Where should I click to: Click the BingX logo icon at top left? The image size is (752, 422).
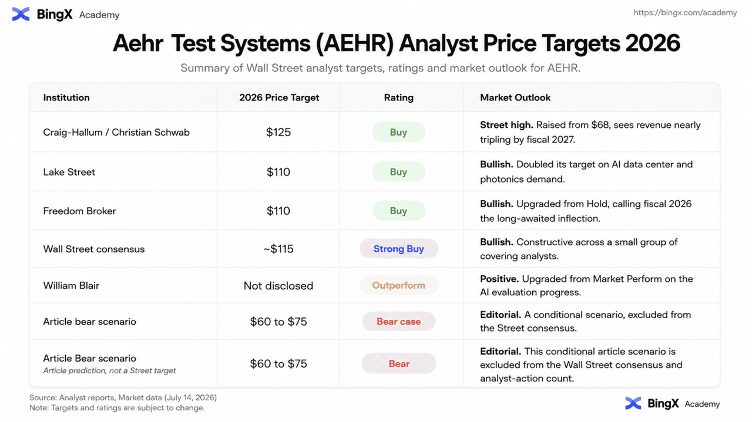click(x=21, y=14)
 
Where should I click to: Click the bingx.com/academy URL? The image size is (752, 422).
click(x=685, y=13)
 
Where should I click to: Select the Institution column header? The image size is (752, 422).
click(x=66, y=97)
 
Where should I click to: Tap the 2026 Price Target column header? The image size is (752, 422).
click(x=279, y=97)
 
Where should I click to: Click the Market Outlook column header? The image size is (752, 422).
click(x=515, y=97)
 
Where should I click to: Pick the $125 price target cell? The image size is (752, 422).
click(x=278, y=132)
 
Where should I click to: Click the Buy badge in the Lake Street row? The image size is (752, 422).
click(x=398, y=172)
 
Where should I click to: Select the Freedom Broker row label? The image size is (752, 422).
click(x=79, y=211)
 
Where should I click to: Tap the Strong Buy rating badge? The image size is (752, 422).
click(x=398, y=249)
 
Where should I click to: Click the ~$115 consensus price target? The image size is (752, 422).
click(x=278, y=249)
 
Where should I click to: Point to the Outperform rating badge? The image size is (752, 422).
click(x=398, y=285)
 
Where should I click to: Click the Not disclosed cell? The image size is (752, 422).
click(x=278, y=286)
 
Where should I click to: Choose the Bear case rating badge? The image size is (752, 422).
click(x=398, y=322)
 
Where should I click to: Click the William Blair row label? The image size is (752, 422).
click(x=71, y=285)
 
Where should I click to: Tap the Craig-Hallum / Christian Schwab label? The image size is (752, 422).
click(x=116, y=132)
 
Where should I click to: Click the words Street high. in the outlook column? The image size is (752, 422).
click(x=506, y=125)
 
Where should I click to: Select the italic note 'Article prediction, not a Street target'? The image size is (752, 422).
click(x=109, y=371)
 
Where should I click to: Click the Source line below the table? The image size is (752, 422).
click(x=123, y=397)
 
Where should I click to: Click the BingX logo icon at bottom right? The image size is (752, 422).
click(x=633, y=403)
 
